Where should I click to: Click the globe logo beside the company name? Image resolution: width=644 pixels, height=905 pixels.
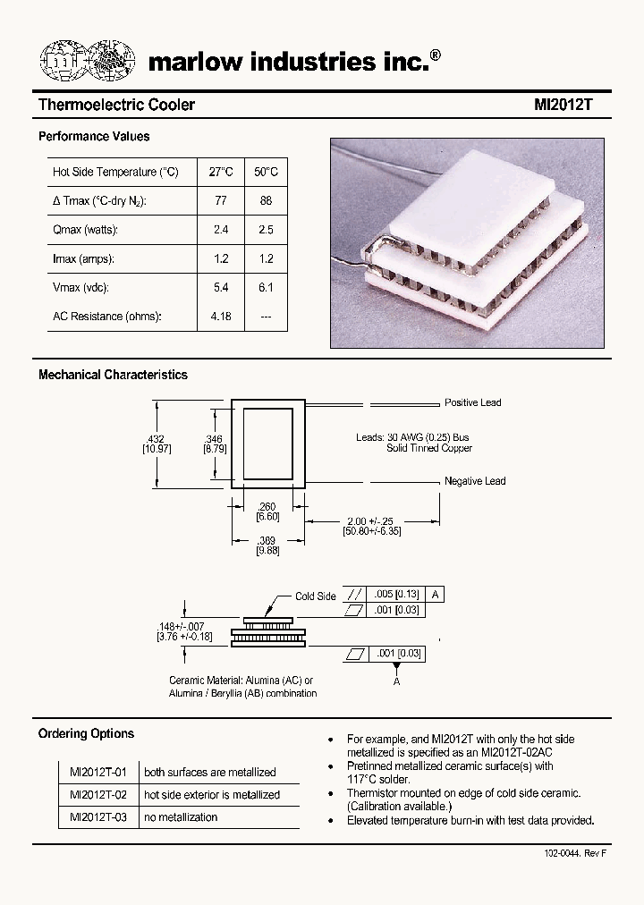[89, 62]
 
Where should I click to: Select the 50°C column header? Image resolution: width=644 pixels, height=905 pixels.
[266, 172]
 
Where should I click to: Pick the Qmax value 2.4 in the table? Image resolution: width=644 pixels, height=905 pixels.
[221, 230]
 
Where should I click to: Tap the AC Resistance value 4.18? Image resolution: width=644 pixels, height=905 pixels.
[221, 317]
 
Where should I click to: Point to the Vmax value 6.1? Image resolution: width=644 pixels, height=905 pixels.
[266, 288]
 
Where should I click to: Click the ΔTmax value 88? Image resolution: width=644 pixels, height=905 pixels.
[266, 201]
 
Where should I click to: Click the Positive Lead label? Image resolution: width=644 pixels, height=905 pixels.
[473, 403]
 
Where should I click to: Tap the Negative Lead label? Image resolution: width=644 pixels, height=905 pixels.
[475, 481]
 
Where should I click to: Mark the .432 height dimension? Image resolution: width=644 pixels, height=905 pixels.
[156, 439]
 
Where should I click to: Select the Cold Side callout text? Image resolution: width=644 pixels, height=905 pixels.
[316, 596]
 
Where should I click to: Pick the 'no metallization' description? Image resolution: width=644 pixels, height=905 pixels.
[181, 817]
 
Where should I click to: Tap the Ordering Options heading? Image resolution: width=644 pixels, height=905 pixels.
[86, 734]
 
